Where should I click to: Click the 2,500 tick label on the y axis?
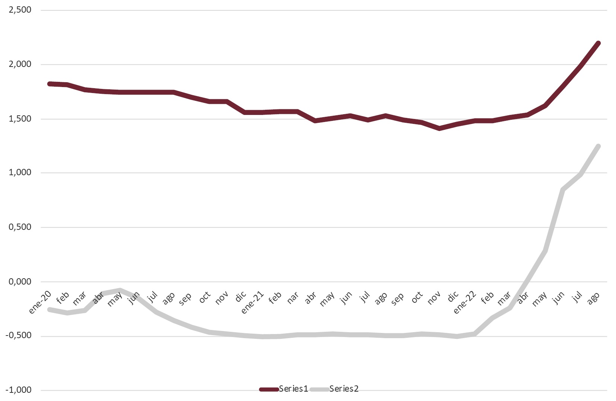click(20, 10)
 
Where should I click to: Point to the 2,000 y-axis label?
click(20, 64)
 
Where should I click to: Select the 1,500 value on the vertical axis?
click(20, 119)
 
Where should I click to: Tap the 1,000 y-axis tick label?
click(20, 173)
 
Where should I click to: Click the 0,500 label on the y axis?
click(20, 227)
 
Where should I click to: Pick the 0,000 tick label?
click(20, 282)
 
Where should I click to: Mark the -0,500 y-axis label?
click(19, 336)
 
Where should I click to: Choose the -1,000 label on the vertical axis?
click(19, 390)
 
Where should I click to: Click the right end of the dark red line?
click(598, 43)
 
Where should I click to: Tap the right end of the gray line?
click(598, 146)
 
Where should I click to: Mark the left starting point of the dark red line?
click(50, 84)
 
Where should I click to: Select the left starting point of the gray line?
click(50, 309)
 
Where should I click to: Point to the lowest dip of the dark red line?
click(439, 129)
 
